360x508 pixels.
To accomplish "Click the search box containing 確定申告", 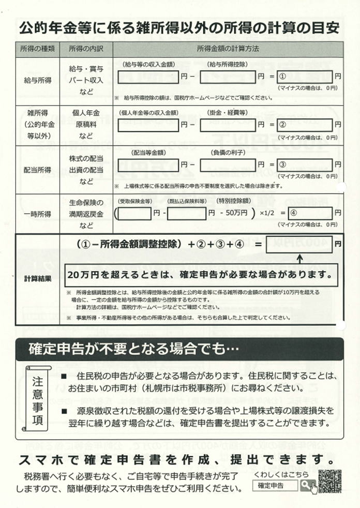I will [x=275, y=486].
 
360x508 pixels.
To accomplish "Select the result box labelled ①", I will [x=305, y=77].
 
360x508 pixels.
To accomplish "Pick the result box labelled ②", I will [x=305, y=124].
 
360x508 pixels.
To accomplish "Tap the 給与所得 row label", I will [x=38, y=81].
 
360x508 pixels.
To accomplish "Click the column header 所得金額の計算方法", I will [x=228, y=48].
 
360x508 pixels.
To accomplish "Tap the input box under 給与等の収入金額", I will [x=148, y=77].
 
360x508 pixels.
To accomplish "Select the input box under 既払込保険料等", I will [x=187, y=213].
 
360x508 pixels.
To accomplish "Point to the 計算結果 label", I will [x=38, y=278].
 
